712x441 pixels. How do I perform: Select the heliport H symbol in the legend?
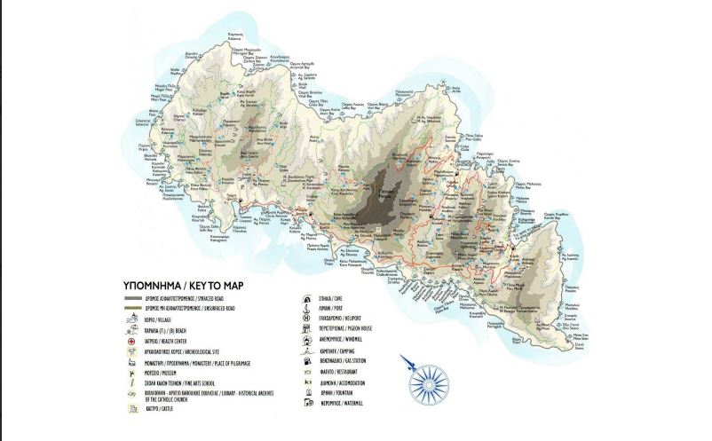click(312, 319)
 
